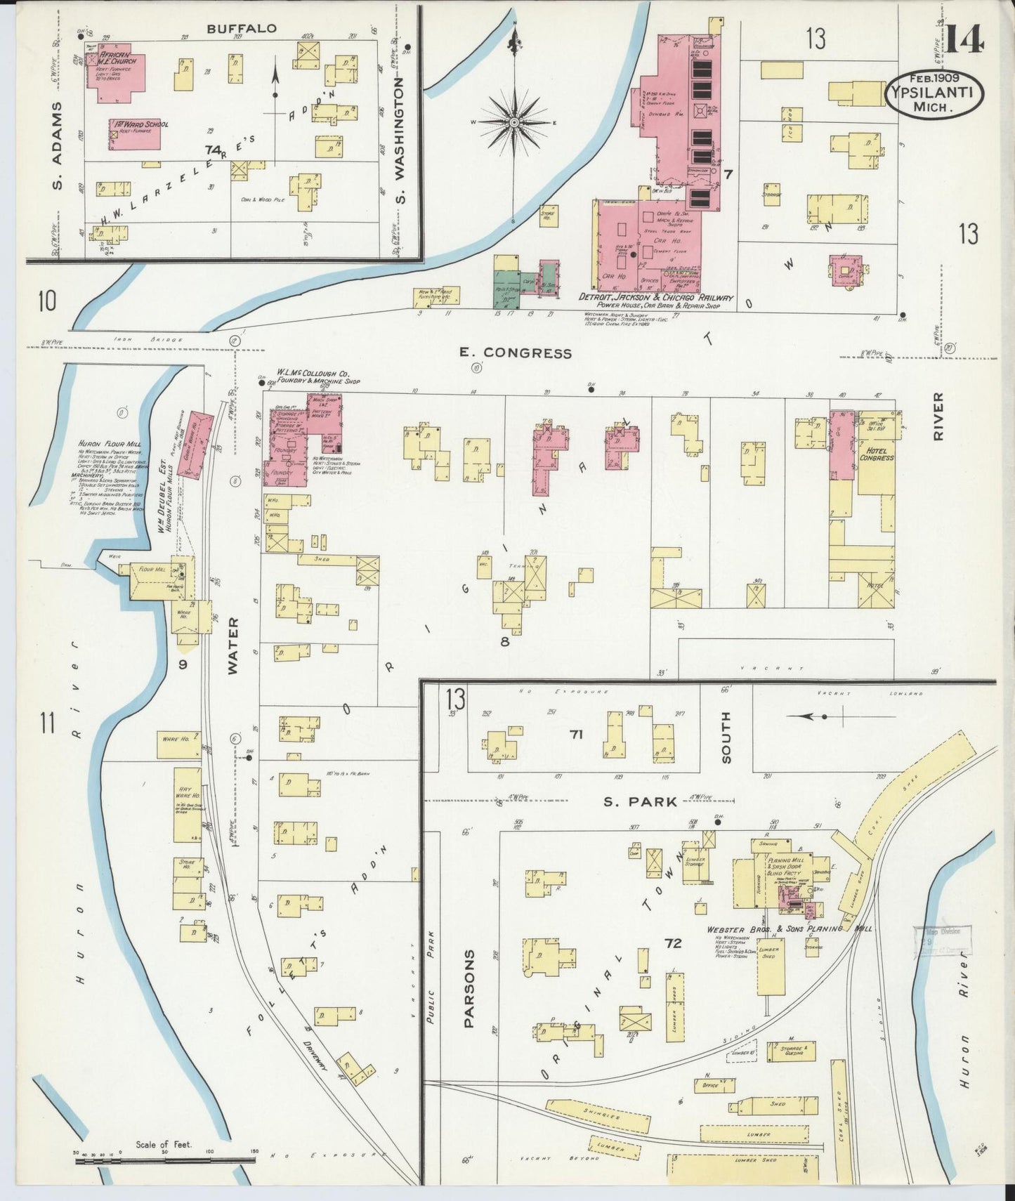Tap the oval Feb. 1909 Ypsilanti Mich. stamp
click(x=933, y=94)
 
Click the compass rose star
click(x=514, y=122)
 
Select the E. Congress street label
click(x=516, y=353)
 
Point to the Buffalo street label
click(x=241, y=29)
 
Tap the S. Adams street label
click(x=58, y=145)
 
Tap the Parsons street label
click(x=469, y=988)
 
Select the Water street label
click(x=234, y=646)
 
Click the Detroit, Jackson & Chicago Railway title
click(x=655, y=298)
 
